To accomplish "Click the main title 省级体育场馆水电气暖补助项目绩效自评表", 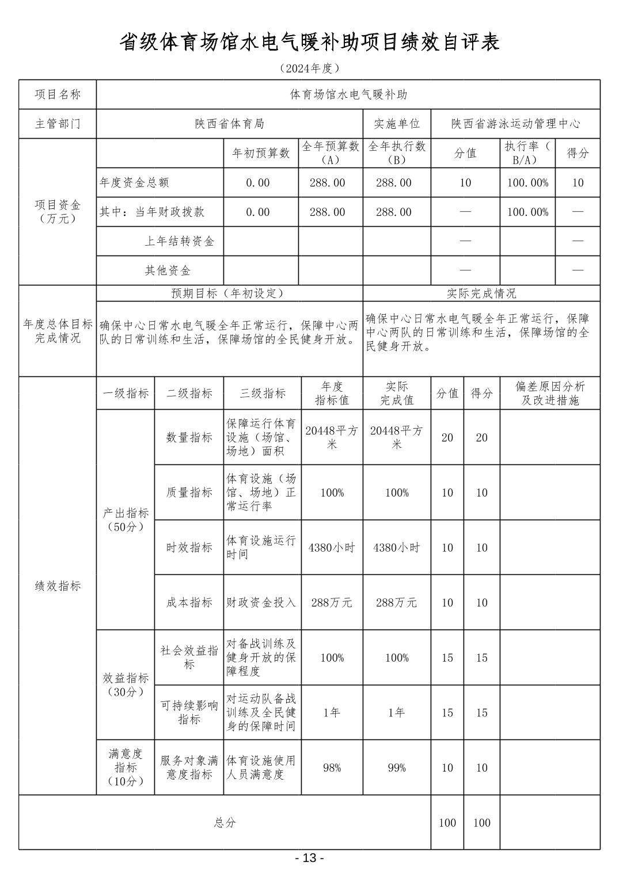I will (x=309, y=42).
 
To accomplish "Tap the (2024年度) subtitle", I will (x=309, y=68).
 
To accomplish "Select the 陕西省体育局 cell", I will (x=229, y=124).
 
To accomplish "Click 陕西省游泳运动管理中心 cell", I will (x=515, y=124).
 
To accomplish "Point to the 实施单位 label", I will (x=397, y=124).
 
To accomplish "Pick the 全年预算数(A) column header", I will (x=331, y=153).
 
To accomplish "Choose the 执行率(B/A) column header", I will (x=527, y=153).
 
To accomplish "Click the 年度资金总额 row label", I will (x=135, y=183).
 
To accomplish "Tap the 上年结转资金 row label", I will (x=179, y=242).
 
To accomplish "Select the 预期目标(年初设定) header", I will (x=229, y=293).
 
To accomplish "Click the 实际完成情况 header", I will (x=481, y=293).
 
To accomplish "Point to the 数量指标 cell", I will (x=189, y=437).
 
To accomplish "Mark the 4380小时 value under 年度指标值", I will (x=332, y=548).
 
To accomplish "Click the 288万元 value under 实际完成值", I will (x=396, y=602).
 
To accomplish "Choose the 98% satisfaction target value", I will (x=332, y=768).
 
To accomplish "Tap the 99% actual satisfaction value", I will (x=396, y=768).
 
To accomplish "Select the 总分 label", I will (x=225, y=823).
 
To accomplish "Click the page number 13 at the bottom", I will (x=309, y=858).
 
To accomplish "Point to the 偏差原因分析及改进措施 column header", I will (x=550, y=394).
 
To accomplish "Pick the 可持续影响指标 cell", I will (x=189, y=712).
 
